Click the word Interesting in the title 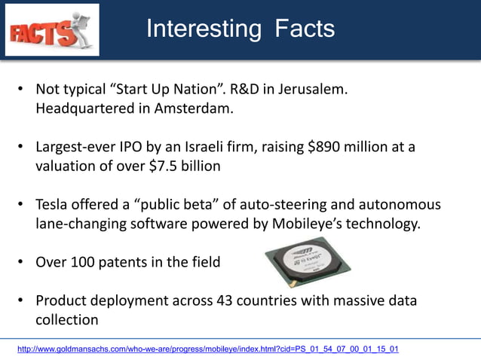[203, 29]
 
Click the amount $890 [326, 147]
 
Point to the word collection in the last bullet [67, 319]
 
